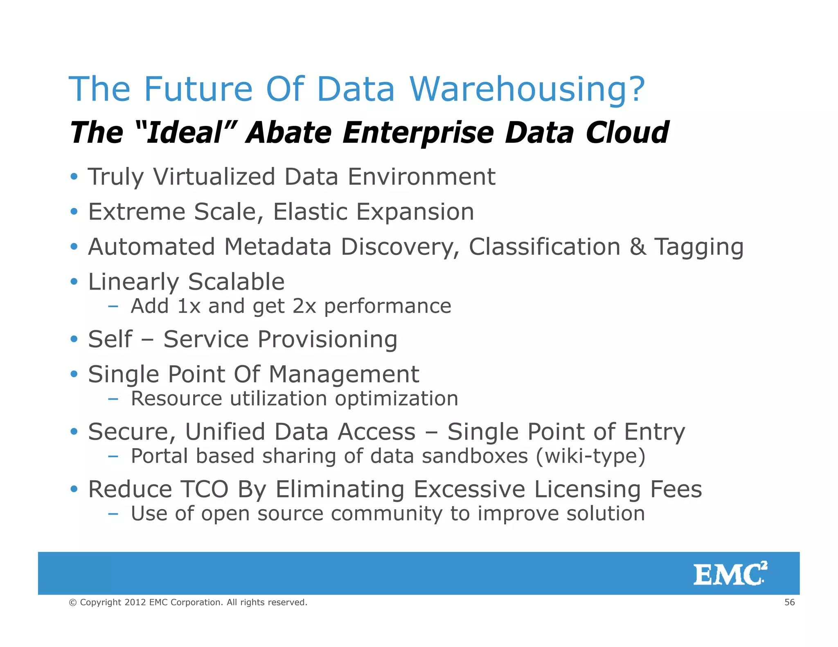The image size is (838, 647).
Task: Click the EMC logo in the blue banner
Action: [x=730, y=574]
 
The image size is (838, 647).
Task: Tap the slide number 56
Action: [x=789, y=602]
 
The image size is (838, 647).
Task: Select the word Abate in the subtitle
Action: [x=289, y=133]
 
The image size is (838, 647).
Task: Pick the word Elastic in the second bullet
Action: [x=310, y=212]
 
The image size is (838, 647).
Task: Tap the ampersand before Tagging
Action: [x=638, y=247]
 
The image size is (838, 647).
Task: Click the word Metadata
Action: [x=277, y=247]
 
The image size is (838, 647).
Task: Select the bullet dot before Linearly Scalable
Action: [x=74, y=282]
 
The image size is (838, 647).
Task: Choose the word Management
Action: [x=344, y=374]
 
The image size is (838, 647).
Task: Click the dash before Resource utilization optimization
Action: [x=113, y=399]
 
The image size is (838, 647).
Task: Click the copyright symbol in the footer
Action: [x=73, y=602]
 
